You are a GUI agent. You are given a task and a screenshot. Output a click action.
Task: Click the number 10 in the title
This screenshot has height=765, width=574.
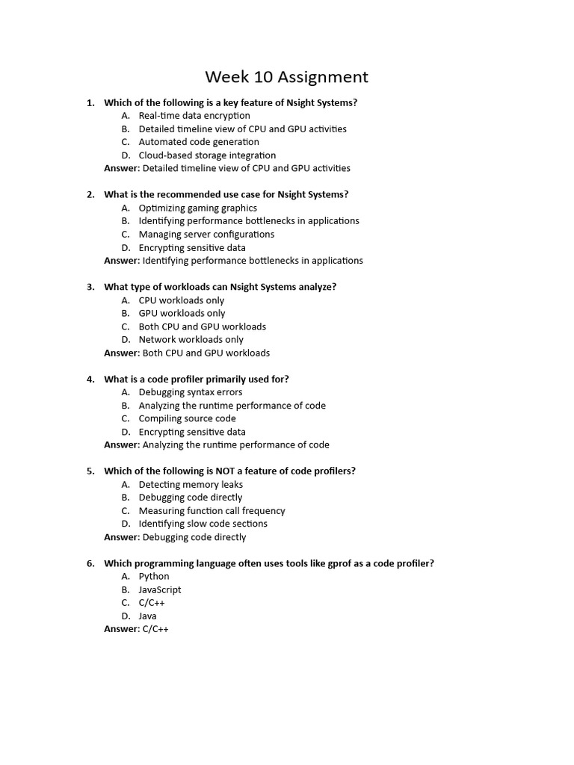coord(259,77)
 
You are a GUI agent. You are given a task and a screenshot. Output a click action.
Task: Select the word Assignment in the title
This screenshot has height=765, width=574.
coord(321,77)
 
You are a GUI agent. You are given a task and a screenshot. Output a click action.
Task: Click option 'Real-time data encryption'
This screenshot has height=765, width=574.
coord(194,116)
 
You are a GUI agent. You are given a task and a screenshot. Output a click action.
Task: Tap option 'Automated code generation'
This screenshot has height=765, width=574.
coord(199,142)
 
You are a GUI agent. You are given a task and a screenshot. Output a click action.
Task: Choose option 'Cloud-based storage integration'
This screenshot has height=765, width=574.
coord(207,155)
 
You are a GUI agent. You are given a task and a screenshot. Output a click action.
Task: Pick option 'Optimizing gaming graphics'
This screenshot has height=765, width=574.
coord(197,208)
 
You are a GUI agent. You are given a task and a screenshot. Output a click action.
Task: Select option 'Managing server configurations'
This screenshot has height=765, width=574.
coord(206,235)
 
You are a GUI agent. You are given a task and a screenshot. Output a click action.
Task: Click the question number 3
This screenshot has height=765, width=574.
coord(90,287)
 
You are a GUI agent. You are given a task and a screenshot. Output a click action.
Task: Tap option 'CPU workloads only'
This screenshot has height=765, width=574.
coord(181,300)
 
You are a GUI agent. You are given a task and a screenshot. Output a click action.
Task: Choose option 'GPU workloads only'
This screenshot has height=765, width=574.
coord(182,313)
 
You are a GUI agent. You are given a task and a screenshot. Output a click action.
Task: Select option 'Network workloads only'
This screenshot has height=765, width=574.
coord(191,340)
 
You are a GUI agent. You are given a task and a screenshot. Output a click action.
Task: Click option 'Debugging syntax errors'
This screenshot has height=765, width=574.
coord(190,392)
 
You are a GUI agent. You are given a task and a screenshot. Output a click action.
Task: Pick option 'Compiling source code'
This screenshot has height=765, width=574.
coord(187,418)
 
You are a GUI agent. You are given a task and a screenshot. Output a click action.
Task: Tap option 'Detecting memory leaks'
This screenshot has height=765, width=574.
coord(191,484)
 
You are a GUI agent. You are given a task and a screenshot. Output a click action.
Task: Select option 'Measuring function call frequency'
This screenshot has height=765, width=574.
coord(212,511)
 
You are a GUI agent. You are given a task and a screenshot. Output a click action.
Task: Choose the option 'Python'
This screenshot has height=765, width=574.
coord(154,577)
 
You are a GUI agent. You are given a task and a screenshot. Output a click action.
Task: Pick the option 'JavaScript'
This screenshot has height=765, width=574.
coord(160,589)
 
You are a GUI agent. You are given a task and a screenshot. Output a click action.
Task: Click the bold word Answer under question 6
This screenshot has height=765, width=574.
coord(121,629)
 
